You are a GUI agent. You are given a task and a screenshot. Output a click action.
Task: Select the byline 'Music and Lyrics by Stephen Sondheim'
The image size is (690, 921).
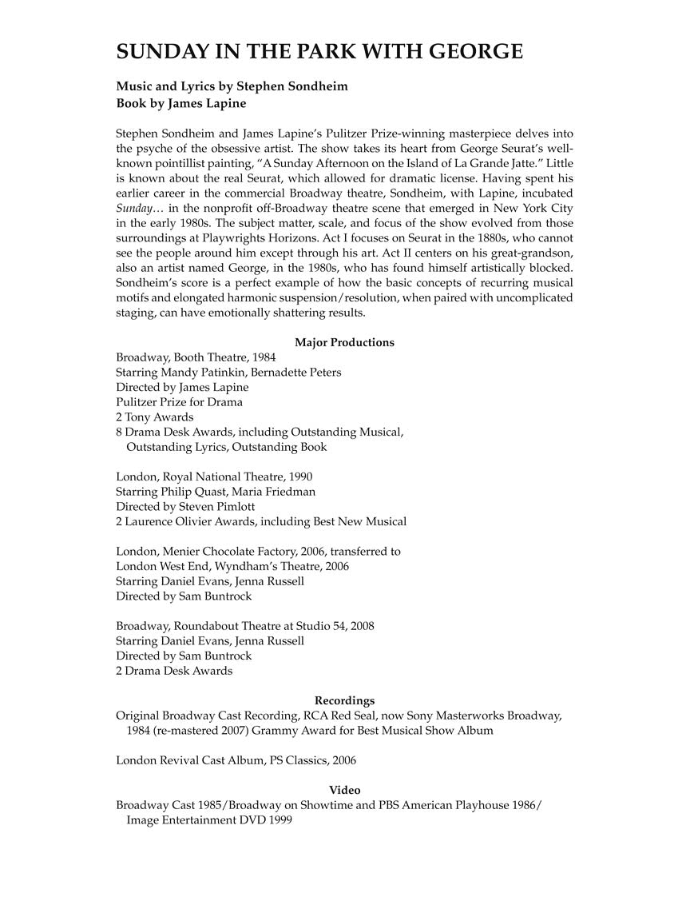pos(220,86)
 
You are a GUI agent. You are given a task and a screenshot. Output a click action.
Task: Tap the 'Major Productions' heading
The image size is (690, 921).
pos(344,342)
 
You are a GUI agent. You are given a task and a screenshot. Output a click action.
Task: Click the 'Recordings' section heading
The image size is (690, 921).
pos(344,700)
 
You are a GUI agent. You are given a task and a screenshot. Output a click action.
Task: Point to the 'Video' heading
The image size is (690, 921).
pos(344,790)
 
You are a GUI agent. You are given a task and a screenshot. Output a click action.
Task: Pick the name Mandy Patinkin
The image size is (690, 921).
pos(210,373)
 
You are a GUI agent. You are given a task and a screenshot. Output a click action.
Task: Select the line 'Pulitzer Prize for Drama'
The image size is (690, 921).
pos(179,402)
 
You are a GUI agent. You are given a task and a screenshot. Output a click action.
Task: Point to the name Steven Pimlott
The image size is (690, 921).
pos(220,507)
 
